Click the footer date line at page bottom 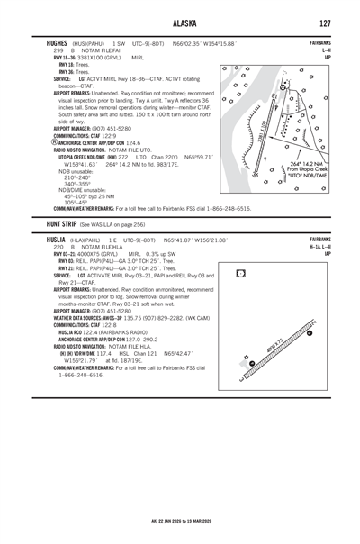tap(180, 521)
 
